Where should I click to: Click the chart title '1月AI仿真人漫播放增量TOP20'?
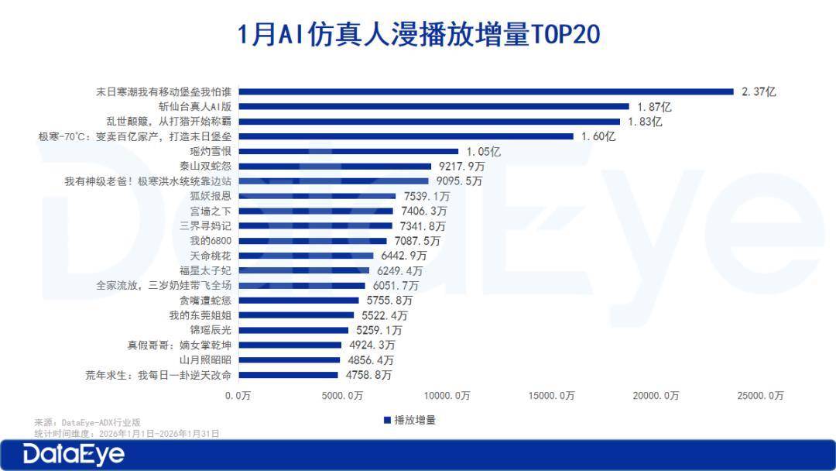(x=418, y=35)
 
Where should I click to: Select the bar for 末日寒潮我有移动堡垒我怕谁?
(x=486, y=91)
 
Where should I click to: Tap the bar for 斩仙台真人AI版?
(x=434, y=106)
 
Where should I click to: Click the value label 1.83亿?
(x=644, y=122)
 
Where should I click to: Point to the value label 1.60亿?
(x=598, y=136)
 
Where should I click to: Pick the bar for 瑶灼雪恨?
(x=348, y=151)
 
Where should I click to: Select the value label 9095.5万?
(x=456, y=181)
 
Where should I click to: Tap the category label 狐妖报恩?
(x=211, y=196)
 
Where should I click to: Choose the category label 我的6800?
(x=211, y=241)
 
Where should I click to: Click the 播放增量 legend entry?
(x=409, y=420)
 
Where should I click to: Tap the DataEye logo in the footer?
(x=74, y=454)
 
